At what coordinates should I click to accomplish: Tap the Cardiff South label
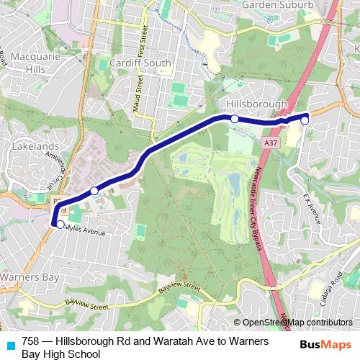141,63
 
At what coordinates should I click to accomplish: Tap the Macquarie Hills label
25,62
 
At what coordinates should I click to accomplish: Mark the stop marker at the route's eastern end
305,120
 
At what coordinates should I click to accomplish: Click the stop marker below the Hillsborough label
234,118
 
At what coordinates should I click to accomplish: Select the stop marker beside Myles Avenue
60,224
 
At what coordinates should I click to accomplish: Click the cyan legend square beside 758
10,343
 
